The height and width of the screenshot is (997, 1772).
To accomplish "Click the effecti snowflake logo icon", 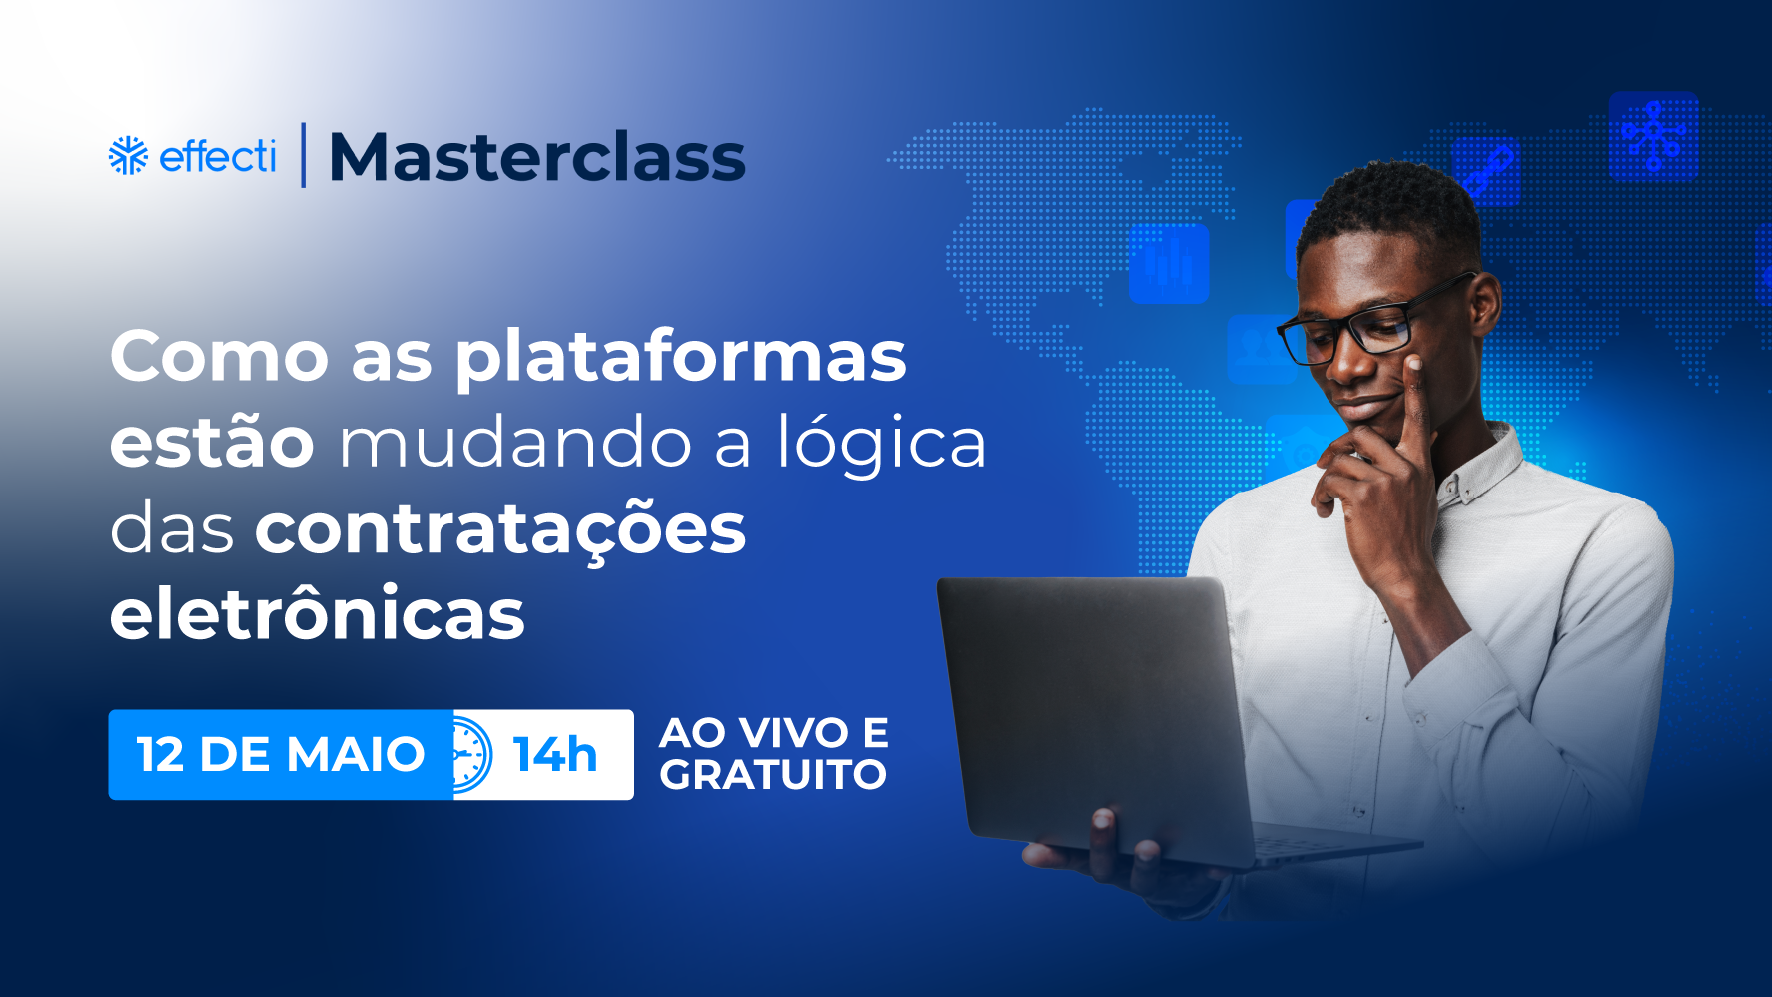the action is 128,155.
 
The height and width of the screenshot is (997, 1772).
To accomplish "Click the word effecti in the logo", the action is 217,156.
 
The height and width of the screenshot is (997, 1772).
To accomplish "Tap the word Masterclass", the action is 537,158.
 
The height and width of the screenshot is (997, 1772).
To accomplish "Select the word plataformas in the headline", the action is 681,358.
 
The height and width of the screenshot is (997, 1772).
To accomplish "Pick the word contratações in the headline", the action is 500,529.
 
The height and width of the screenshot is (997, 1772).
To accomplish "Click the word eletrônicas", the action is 318,613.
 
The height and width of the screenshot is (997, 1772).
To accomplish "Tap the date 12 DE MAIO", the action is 281,755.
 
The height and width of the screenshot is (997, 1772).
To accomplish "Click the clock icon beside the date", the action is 471,755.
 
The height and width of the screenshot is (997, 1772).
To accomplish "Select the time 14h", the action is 555,755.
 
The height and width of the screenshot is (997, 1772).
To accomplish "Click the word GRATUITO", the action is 773,775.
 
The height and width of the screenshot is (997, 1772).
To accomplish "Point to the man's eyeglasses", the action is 1373,320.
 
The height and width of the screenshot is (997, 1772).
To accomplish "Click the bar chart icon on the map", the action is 1169,263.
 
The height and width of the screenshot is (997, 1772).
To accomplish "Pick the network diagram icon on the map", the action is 1654,136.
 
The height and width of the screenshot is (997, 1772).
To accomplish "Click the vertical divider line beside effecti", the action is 303,155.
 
